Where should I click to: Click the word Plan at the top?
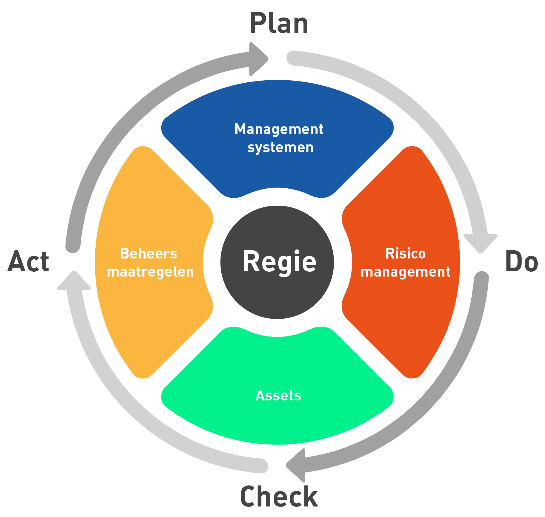279,23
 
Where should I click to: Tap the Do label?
521,261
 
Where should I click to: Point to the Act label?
28,261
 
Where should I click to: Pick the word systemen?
280,148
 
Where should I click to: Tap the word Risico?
406,253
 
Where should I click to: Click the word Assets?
278,395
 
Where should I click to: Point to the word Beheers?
149,253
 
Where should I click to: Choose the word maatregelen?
150,272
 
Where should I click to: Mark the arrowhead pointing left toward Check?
296,465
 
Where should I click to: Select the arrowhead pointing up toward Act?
74,280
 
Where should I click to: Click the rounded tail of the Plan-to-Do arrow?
294,58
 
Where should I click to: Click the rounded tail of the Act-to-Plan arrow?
73,246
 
